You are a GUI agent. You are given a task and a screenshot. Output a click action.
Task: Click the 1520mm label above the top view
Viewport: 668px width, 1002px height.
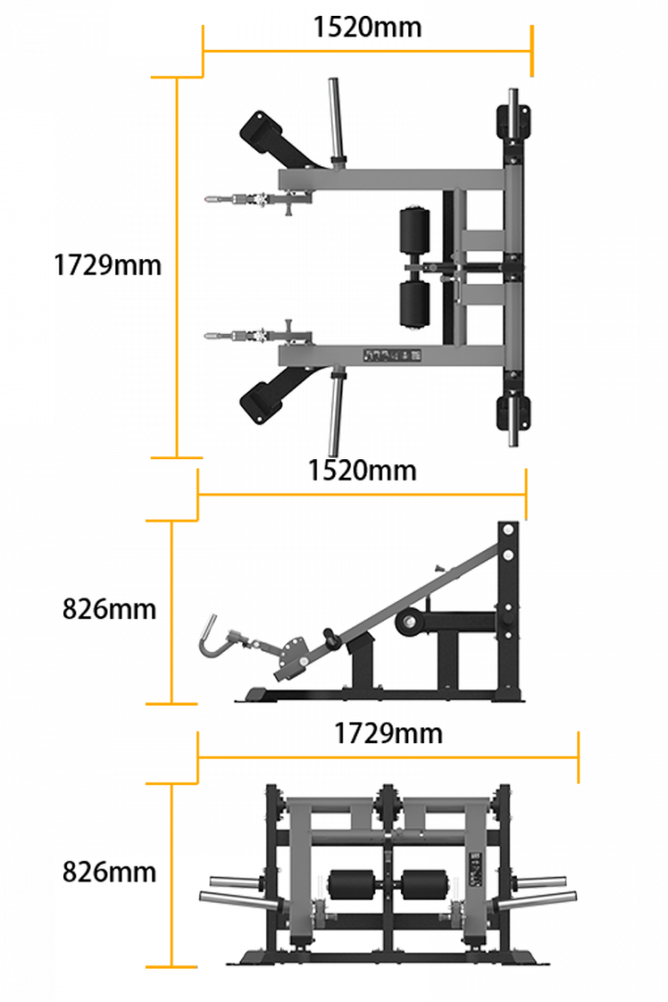(366, 28)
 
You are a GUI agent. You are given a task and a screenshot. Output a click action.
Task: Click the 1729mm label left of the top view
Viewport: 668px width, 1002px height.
(108, 265)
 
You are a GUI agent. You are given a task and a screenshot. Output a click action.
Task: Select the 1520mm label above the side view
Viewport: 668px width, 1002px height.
(362, 470)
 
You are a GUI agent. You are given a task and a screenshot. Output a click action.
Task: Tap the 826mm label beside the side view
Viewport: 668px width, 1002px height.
(109, 609)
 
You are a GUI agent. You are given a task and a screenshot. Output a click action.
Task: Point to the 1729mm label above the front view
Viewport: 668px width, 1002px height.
(388, 733)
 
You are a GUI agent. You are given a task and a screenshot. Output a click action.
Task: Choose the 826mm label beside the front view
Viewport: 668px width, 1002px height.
(109, 871)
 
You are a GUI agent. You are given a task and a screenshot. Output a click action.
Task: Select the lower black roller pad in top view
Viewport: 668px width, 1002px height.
(415, 305)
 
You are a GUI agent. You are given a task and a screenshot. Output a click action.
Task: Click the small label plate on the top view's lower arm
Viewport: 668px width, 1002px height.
(392, 355)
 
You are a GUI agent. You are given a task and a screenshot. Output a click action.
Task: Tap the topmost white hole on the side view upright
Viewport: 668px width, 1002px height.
(508, 530)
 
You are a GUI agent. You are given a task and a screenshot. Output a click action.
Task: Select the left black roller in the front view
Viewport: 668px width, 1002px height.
(351, 885)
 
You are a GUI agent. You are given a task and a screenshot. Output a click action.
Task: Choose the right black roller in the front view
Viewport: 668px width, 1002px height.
(426, 885)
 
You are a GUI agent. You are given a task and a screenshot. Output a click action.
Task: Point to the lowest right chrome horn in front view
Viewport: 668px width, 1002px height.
(536, 901)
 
